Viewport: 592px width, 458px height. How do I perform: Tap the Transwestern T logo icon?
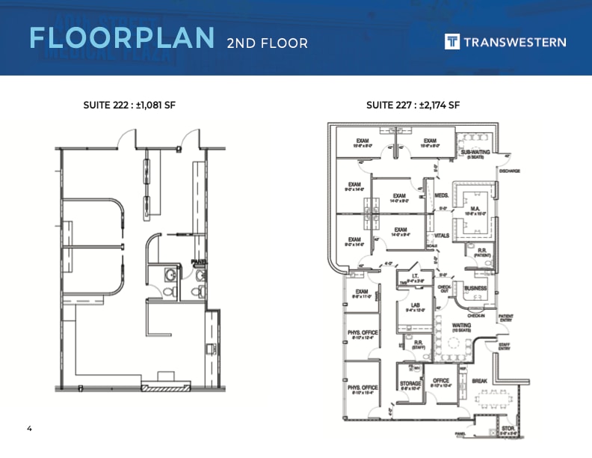pyautogui.click(x=452, y=42)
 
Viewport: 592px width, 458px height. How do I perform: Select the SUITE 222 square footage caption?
pyautogui.click(x=129, y=105)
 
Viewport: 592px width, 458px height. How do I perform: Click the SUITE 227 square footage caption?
pyautogui.click(x=413, y=105)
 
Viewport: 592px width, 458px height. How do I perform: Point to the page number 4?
pyautogui.click(x=29, y=429)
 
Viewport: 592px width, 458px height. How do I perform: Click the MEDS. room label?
pyautogui.click(x=441, y=195)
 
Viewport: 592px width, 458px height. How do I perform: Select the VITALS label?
pyautogui.click(x=442, y=235)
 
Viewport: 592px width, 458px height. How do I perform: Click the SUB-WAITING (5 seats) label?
pyautogui.click(x=475, y=154)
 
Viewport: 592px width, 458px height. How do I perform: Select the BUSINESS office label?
pyautogui.click(x=475, y=288)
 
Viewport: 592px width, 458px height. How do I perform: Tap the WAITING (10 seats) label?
pyautogui.click(x=462, y=328)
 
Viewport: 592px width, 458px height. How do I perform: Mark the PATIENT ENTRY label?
pyautogui.click(x=506, y=318)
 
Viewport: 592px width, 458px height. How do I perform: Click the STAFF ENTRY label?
pyautogui.click(x=505, y=346)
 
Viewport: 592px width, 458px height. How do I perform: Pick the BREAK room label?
pyautogui.click(x=479, y=381)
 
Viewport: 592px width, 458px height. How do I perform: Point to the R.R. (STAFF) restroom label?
pyautogui.click(x=419, y=345)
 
